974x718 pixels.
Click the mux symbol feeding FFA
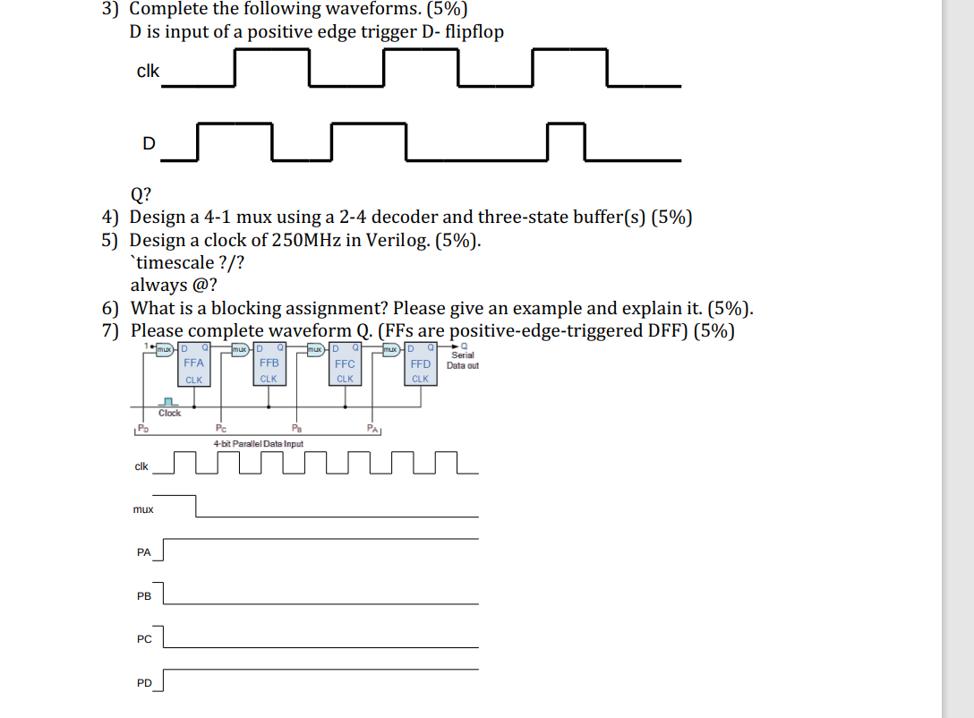click(164, 347)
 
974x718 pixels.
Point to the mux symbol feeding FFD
click(391, 347)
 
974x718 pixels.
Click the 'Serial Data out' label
click(462, 360)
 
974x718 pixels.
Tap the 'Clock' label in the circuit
click(169, 414)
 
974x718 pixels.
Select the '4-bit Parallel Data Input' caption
click(258, 443)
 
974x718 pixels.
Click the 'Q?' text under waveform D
click(141, 193)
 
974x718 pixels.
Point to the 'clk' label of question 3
click(148, 71)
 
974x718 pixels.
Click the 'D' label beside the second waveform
click(149, 143)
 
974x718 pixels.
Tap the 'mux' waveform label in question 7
click(142, 509)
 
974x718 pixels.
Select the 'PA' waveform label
click(143, 552)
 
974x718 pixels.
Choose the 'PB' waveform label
click(143, 596)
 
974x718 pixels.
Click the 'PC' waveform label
click(143, 639)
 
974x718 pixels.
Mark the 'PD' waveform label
click(143, 683)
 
